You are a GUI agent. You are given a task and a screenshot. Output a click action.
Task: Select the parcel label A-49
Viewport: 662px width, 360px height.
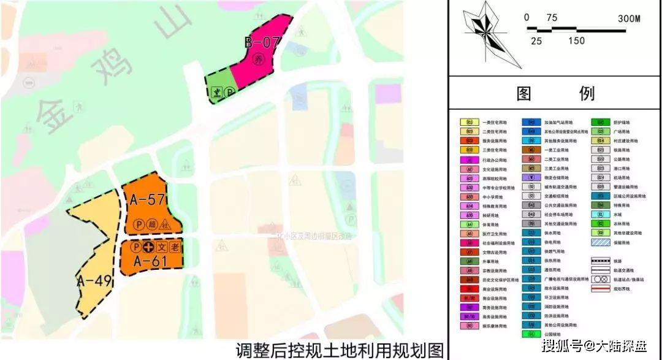94,281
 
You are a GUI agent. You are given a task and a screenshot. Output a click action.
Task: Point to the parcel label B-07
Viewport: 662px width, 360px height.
262,42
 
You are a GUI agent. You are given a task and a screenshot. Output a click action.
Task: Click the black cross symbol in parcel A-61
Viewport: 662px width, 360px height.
148,248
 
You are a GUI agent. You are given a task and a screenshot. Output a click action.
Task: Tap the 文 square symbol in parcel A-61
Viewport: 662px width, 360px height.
162,248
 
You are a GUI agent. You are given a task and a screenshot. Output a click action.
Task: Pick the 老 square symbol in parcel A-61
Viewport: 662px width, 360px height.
175,248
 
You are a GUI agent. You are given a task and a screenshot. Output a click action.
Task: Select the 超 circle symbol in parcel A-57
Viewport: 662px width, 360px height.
151,224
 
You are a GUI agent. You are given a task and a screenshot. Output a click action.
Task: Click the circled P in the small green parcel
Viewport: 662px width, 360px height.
229,93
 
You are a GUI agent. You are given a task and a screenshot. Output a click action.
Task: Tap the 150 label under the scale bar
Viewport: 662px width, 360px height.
576,41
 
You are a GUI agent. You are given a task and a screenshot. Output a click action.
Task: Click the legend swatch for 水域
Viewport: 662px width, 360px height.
601,214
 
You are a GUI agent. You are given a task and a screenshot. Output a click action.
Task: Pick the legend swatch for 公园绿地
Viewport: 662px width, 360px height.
531,334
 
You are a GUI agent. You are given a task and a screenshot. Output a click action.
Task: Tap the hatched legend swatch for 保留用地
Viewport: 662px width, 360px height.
601,242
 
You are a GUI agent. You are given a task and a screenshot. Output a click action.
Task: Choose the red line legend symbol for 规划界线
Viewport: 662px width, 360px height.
601,288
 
